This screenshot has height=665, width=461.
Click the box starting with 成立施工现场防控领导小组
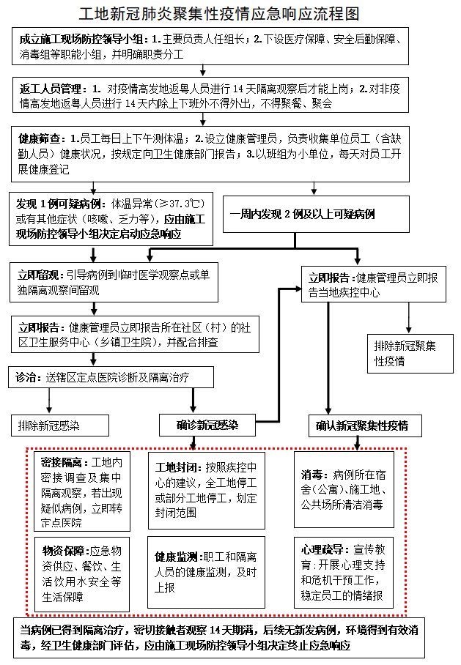(210, 45)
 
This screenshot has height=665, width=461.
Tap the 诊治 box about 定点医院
(111, 378)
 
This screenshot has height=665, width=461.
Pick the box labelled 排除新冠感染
(59, 426)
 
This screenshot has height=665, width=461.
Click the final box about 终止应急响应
(229, 639)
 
